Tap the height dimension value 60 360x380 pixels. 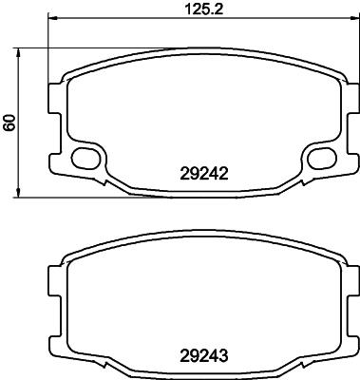tap(10, 123)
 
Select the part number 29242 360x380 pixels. tap(204, 173)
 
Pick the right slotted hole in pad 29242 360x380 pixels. tap(320, 156)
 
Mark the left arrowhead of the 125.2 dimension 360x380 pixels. tap(51, 18)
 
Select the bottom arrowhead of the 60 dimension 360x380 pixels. tap(19, 195)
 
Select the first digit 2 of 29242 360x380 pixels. tap(183, 173)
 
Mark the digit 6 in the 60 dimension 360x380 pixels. tap(10, 127)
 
